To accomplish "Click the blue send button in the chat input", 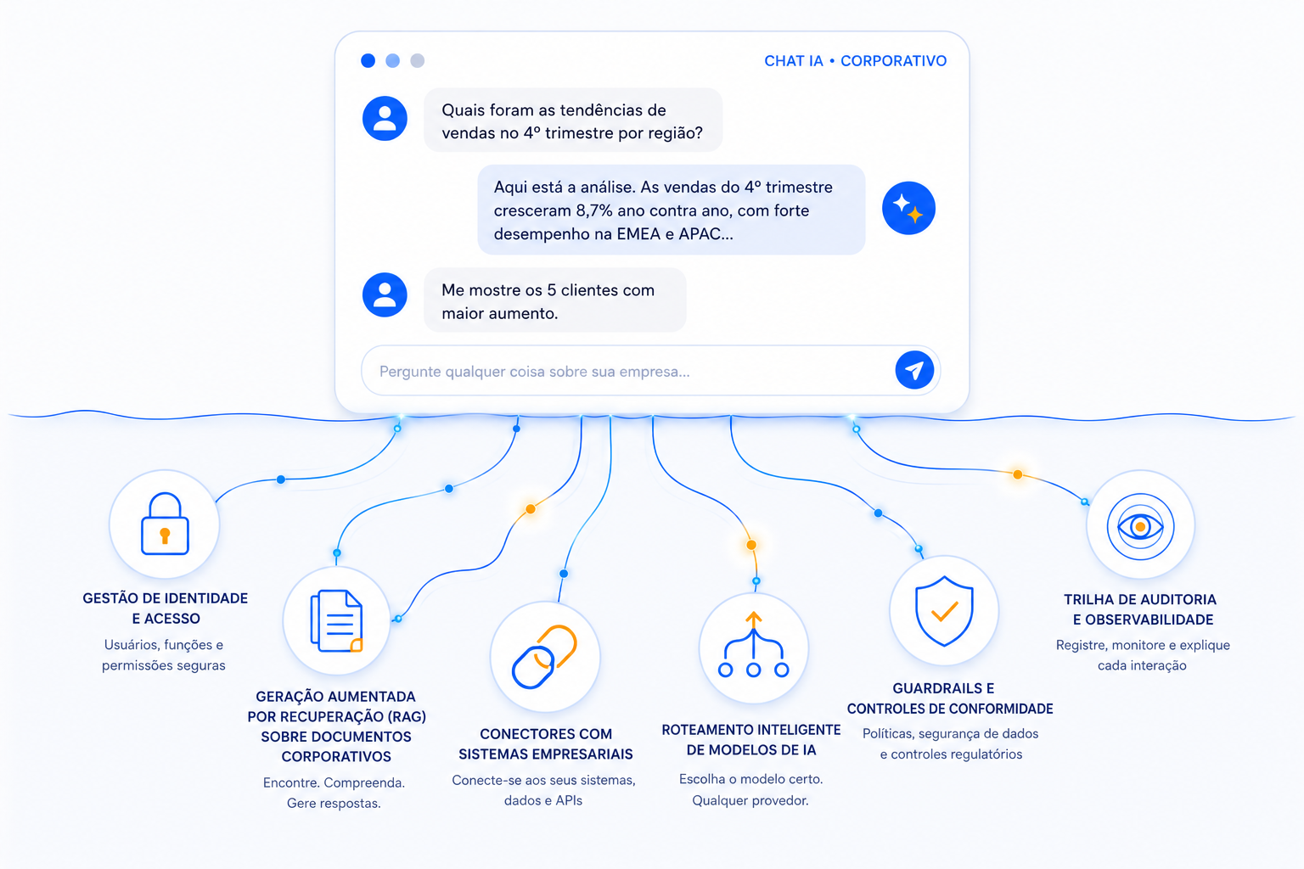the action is (914, 370).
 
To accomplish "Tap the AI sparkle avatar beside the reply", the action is (908, 209).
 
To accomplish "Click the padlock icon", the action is (165, 524).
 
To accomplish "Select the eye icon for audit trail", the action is (1140, 527).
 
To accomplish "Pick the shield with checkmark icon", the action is (944, 611).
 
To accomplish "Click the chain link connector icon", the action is (545, 657).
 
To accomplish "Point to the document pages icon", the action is (337, 620).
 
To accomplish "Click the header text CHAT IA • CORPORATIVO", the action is (855, 60).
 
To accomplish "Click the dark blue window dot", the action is (368, 60).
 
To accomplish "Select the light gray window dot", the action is (418, 60).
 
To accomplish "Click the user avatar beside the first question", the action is (385, 118).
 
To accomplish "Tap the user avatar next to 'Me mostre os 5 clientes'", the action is (385, 294).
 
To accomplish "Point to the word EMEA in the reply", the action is (638, 234).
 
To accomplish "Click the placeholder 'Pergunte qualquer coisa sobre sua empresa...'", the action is (534, 372).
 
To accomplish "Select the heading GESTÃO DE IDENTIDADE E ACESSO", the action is (166, 608).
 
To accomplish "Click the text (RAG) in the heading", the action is (406, 716).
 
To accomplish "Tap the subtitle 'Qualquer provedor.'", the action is (750, 800).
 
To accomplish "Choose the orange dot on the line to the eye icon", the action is (1018, 474).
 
